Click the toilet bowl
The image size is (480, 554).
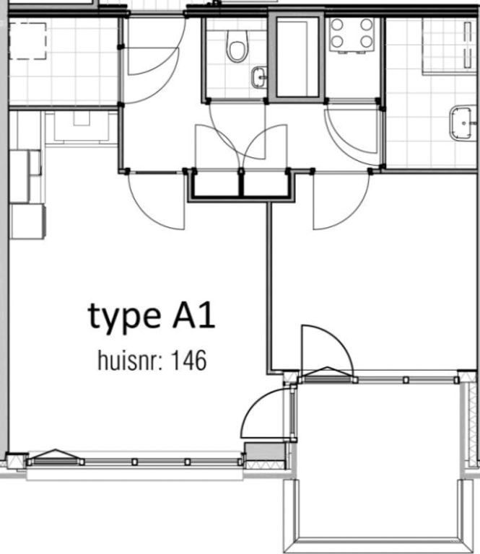click(236, 48)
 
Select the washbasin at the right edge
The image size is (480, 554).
click(462, 123)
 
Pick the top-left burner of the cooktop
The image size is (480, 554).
click(337, 24)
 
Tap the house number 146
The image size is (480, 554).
click(188, 359)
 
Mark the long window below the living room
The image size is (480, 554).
click(134, 462)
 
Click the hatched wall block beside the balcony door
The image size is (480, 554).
click(256, 454)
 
